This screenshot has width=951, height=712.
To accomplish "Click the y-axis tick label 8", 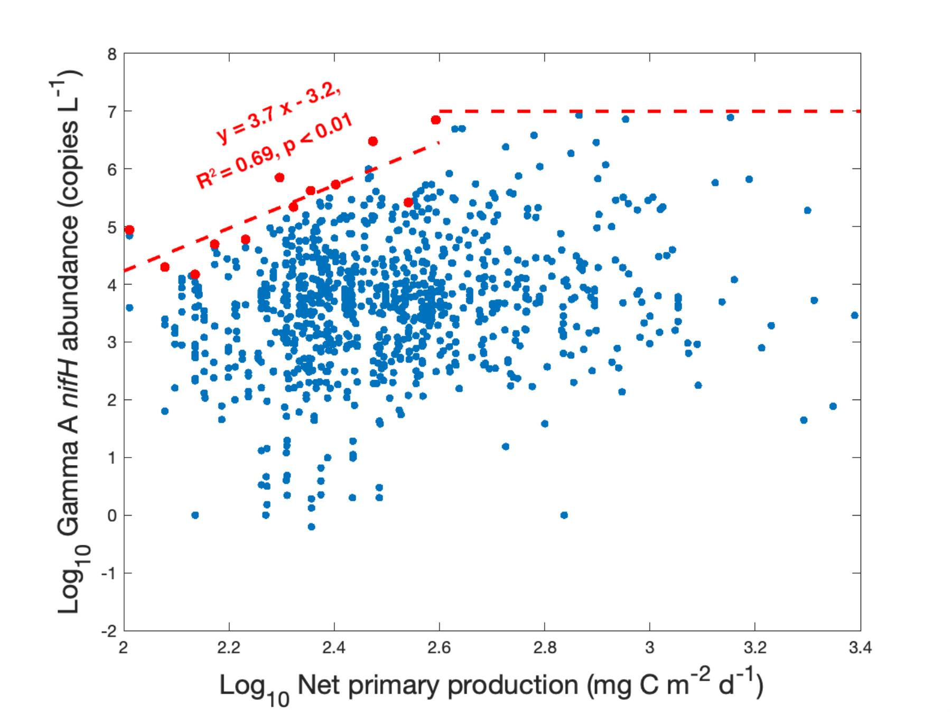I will point(112,54).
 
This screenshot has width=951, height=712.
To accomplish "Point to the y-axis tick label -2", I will point(109,631).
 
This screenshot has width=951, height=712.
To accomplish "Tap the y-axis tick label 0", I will point(112,516).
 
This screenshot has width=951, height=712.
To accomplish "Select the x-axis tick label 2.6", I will point(439,648).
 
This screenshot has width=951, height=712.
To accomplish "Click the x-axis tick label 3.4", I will point(860,648).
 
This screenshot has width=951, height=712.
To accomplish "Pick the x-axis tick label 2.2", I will point(229,648).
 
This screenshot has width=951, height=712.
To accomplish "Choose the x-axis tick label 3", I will point(650,648).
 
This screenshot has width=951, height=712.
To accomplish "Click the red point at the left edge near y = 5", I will point(129,230).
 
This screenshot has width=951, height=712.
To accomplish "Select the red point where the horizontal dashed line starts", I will point(436,120).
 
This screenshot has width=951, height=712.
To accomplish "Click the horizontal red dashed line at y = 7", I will point(650,111).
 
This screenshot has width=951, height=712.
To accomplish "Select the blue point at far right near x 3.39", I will point(854,315).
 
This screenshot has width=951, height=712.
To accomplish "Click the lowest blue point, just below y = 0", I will point(311,527).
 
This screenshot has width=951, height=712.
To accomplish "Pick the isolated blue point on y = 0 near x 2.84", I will point(564,515).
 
